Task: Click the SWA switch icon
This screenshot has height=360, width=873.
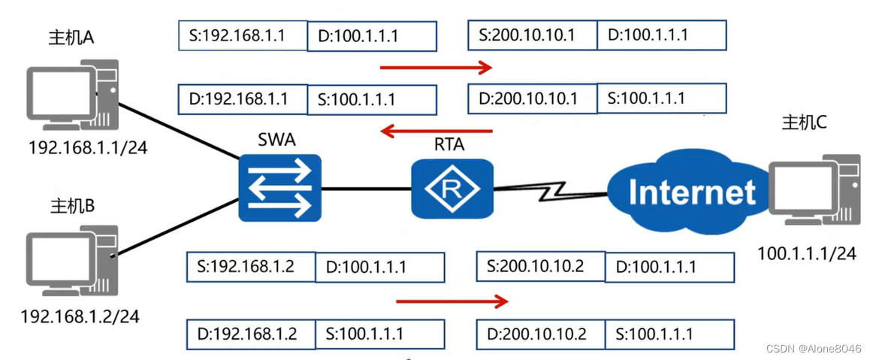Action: (x=279, y=188)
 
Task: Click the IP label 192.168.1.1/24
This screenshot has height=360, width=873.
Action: (x=87, y=147)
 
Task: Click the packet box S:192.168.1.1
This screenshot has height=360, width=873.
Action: (x=243, y=35)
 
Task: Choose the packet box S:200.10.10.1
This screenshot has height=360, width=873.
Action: (x=532, y=35)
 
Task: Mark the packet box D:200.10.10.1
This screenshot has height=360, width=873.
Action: (x=532, y=98)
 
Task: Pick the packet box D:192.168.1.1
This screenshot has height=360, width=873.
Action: (x=243, y=98)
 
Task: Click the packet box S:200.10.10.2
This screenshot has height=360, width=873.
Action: (x=540, y=266)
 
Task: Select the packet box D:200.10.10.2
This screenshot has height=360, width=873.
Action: (x=540, y=333)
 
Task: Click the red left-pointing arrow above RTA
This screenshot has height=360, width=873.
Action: (x=436, y=132)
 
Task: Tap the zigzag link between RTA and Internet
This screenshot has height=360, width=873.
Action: (x=548, y=192)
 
